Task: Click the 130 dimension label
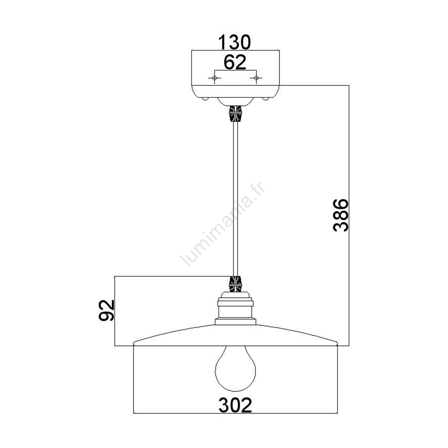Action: pos(234,42)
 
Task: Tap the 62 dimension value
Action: pos(235,62)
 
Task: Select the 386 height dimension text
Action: pos(341,215)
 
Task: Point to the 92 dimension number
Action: pos(106,310)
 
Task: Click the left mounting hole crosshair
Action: pos(214,78)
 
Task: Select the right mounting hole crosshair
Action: pos(256,78)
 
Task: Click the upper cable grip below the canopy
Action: pos(235,114)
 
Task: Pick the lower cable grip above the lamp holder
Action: pos(235,284)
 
